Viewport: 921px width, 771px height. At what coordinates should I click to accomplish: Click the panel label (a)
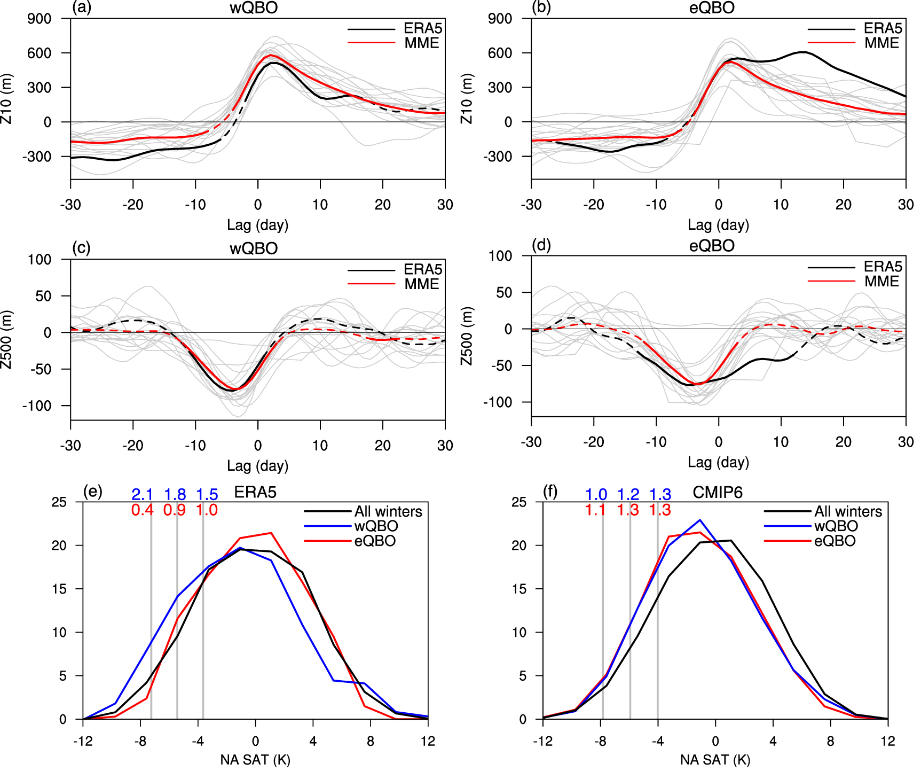[82, 7]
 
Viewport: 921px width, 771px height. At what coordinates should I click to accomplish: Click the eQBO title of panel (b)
[712, 8]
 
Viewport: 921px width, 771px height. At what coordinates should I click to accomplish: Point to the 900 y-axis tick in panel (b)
[500, 19]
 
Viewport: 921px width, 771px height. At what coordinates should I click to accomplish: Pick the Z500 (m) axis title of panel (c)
[6, 339]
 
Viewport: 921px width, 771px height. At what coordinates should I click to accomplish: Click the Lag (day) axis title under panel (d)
[718, 462]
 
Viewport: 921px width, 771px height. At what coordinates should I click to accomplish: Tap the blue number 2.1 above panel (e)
[143, 494]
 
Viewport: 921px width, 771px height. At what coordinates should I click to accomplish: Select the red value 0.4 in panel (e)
[143, 510]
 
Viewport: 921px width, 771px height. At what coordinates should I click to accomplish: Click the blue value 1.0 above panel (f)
[596, 494]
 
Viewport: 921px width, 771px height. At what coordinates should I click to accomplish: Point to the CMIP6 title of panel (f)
[717, 492]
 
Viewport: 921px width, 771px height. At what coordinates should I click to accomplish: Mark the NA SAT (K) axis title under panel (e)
[255, 759]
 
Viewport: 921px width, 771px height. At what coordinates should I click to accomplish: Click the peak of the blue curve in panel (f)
[700, 520]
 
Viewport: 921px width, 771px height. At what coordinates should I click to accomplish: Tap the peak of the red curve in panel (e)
[271, 533]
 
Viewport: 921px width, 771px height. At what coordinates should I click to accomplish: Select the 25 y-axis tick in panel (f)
[518, 502]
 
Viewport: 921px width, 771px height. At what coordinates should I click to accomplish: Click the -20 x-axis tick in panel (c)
[133, 445]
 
